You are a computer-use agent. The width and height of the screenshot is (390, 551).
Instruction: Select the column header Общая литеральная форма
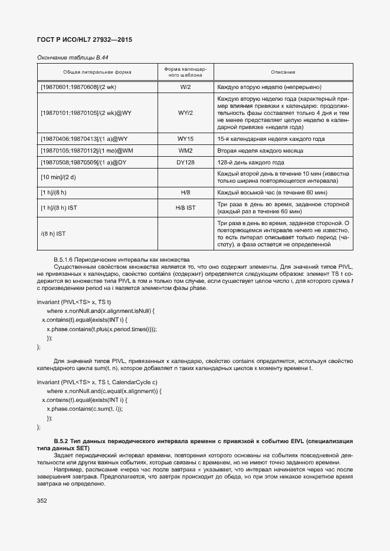pos(97,72)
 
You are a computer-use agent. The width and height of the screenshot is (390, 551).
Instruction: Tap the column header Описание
pos(283,72)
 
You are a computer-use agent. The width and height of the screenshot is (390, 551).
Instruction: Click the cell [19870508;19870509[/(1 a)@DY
pos(84,163)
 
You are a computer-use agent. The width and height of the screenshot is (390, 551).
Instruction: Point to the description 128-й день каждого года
pos(251,163)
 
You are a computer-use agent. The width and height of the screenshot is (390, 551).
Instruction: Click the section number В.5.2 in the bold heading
pos(63,441)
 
